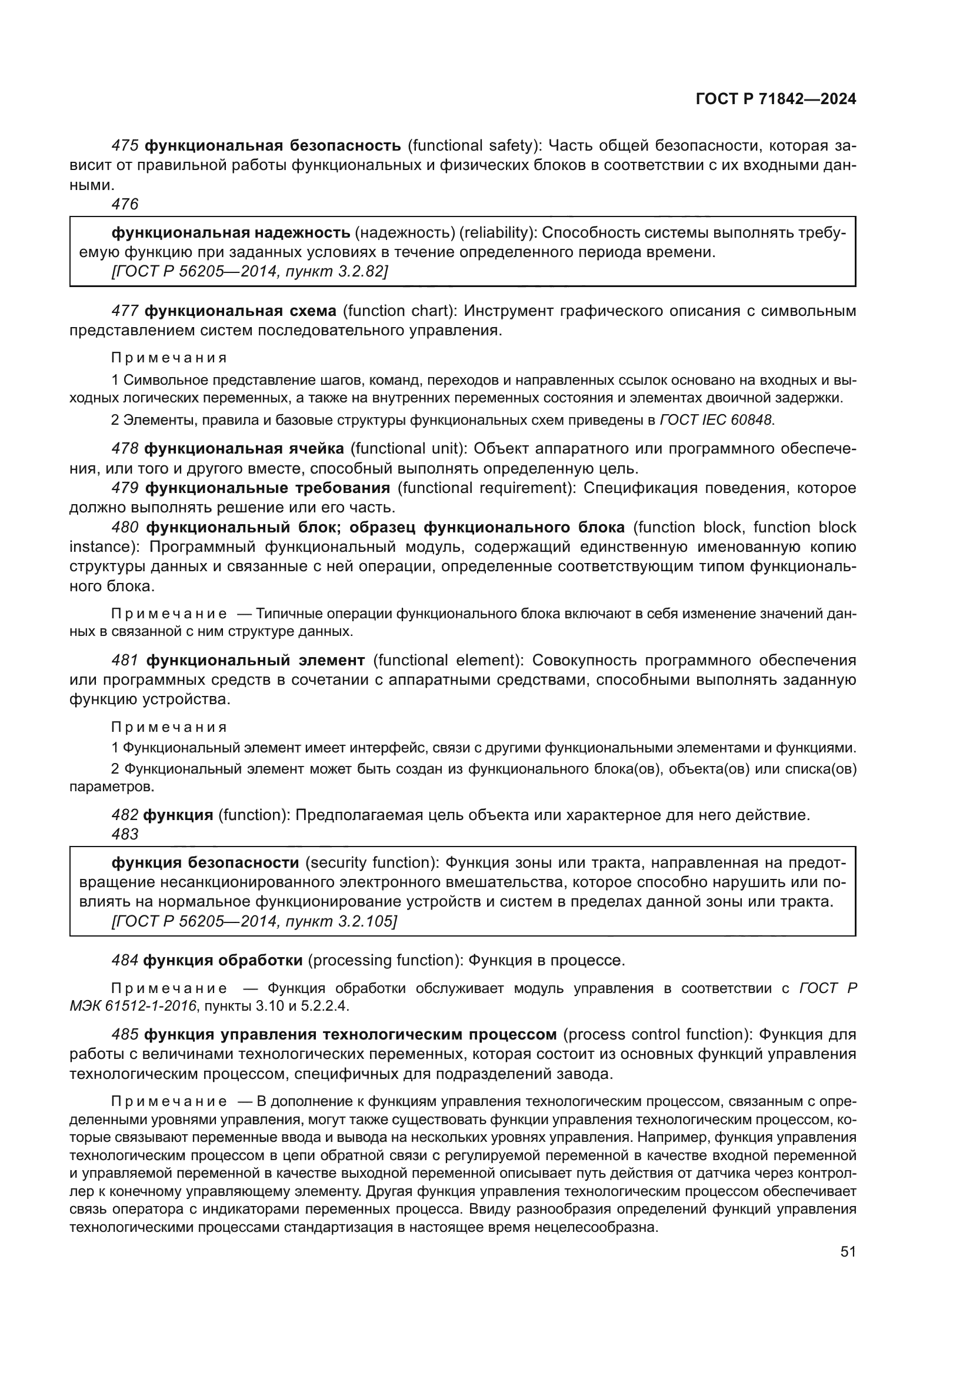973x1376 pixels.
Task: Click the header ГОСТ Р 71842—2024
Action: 775,99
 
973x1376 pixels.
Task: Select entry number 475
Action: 125,146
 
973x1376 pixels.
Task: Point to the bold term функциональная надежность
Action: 231,232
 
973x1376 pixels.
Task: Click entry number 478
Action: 125,448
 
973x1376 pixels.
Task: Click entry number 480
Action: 125,527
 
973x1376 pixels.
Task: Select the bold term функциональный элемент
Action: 255,660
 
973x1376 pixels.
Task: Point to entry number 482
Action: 125,814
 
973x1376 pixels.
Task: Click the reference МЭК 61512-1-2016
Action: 133,1005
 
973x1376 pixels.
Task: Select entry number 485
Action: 125,1034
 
